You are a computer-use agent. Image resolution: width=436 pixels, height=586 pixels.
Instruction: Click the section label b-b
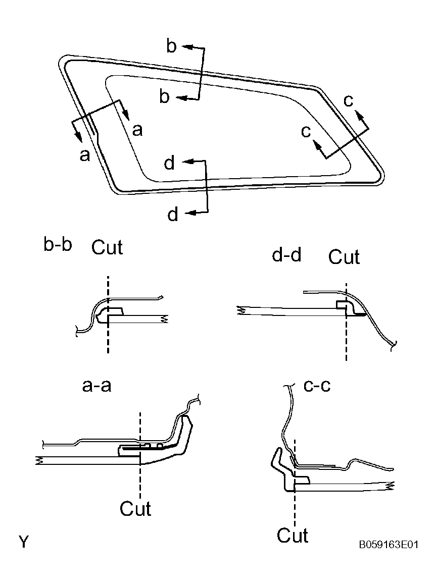58,246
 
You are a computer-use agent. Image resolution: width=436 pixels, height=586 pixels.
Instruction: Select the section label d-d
286,255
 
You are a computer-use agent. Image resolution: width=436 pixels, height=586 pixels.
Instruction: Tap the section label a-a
96,386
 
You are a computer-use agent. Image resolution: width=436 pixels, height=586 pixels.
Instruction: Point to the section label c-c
317,386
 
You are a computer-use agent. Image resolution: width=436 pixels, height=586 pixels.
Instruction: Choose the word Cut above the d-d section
344,257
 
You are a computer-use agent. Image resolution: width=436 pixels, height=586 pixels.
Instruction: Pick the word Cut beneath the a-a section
135,508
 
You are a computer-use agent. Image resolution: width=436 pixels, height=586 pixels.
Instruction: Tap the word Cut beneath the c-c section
293,535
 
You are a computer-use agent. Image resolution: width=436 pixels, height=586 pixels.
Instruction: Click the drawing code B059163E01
389,545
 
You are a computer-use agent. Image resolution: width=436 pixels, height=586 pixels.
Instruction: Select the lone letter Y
24,543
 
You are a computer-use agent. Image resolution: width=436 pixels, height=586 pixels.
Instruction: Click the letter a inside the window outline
137,131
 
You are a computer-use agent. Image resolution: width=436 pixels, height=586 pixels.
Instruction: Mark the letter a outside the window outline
84,155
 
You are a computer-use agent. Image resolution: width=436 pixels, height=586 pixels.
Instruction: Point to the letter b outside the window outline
172,46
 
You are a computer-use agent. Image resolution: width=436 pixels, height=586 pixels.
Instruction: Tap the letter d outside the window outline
173,215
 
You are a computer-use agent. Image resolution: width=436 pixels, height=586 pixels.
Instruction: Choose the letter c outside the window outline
349,100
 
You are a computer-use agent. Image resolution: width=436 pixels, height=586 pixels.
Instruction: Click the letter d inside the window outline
170,163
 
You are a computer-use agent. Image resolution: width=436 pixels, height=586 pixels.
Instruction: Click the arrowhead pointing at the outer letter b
185,46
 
